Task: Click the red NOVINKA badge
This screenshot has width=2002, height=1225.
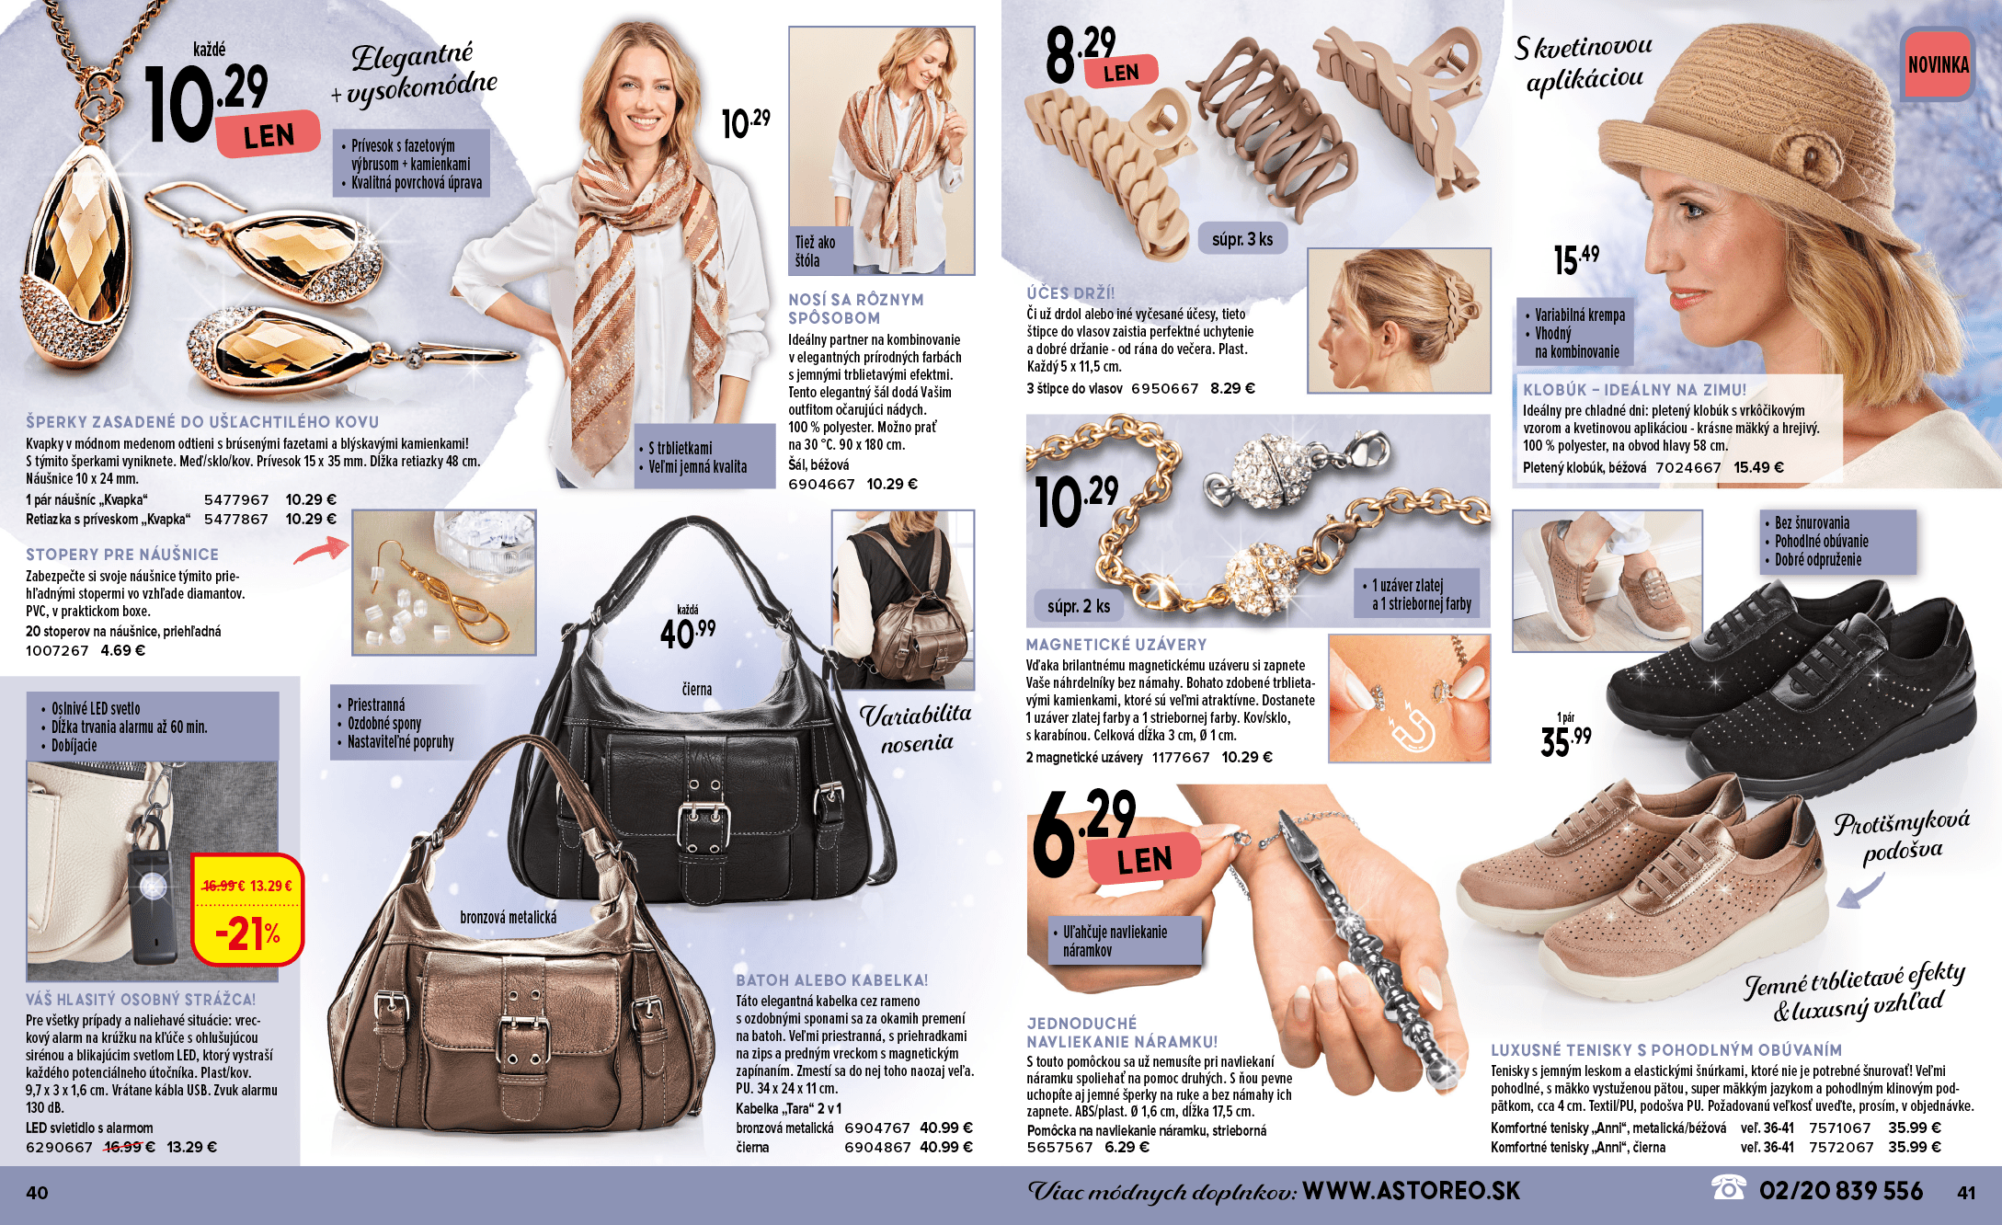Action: pos(1938,64)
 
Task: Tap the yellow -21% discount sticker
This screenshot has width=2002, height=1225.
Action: pos(246,910)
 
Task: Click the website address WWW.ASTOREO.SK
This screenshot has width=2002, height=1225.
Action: pos(1412,1191)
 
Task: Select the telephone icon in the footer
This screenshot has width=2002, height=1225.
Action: pos(1728,1188)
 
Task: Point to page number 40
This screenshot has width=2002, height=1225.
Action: pos(37,1193)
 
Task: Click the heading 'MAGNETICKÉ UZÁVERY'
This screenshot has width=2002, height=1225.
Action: pos(1116,645)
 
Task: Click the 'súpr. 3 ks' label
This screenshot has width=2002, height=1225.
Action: pos(1242,239)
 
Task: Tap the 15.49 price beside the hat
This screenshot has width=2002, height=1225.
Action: pos(1576,259)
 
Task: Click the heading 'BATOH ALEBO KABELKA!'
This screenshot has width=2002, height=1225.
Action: pos(831,980)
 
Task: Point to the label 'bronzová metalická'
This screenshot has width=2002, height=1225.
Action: pos(508,918)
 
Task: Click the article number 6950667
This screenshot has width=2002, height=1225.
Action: pos(1164,389)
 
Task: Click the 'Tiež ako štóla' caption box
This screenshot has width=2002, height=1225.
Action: pos(822,251)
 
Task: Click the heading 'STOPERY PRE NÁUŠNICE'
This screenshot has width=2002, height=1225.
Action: pos(122,555)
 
